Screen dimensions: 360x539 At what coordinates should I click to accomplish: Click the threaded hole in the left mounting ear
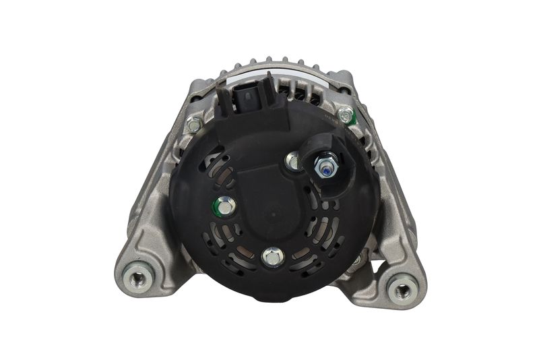(139, 277)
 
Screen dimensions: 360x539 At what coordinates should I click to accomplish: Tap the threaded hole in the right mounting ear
(402, 290)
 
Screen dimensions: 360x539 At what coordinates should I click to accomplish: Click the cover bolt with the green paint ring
(224, 206)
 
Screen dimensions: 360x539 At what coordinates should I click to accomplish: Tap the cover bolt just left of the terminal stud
(293, 160)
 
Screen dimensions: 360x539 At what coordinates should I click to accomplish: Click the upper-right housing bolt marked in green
(346, 115)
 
